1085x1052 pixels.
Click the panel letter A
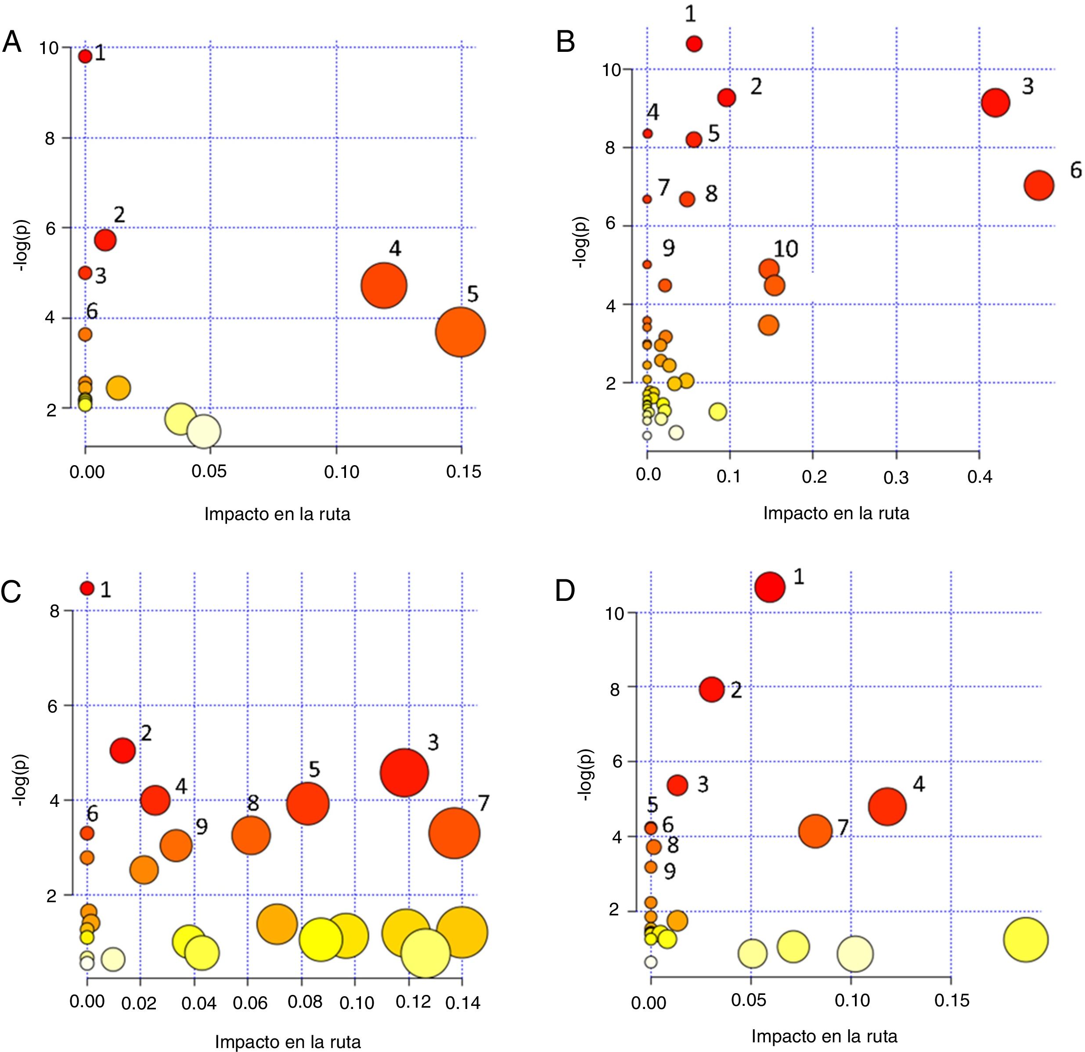pyautogui.click(x=12, y=42)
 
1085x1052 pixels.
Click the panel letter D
pyautogui.click(x=565, y=591)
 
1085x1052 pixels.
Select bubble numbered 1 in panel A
pyautogui.click(x=85, y=56)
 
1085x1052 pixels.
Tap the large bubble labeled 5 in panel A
pyautogui.click(x=460, y=332)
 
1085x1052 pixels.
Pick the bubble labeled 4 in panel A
pyautogui.click(x=384, y=286)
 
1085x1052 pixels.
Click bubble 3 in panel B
pyautogui.click(x=995, y=102)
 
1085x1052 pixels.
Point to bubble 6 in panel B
pyautogui.click(x=1038, y=185)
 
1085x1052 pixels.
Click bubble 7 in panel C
pyautogui.click(x=454, y=833)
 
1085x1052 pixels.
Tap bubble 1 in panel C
pyautogui.click(x=87, y=588)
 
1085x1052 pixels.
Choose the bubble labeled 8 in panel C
pyautogui.click(x=251, y=835)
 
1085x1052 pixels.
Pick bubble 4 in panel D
pyautogui.click(x=887, y=807)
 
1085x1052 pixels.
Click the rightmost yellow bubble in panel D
pyautogui.click(x=1026, y=940)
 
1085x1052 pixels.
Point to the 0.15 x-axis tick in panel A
pyautogui.click(x=464, y=472)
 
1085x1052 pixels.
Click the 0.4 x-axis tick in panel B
pyautogui.click(x=980, y=477)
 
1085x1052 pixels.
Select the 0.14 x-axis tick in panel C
pyautogui.click(x=463, y=1003)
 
